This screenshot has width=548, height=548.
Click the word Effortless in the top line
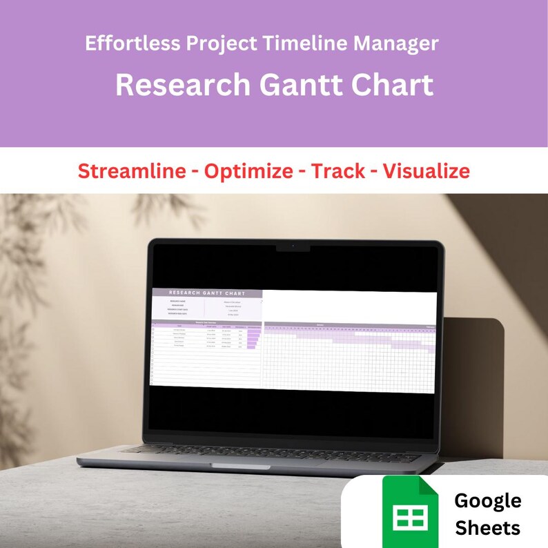[x=129, y=43]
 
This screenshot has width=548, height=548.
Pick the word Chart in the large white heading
[x=393, y=85]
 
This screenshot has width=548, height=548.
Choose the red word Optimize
[x=248, y=171]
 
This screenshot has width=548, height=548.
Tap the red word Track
[x=338, y=171]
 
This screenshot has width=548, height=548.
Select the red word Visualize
[x=426, y=171]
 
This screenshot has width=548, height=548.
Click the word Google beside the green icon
[x=488, y=501]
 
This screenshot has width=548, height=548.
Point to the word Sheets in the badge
[x=488, y=529]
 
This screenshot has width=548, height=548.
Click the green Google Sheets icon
[x=411, y=513]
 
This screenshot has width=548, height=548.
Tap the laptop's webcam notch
[x=293, y=246]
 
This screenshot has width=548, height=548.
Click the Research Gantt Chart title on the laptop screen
[x=207, y=293]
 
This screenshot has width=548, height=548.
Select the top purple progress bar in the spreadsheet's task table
[x=254, y=331]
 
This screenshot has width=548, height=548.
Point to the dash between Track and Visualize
[x=373, y=172]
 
